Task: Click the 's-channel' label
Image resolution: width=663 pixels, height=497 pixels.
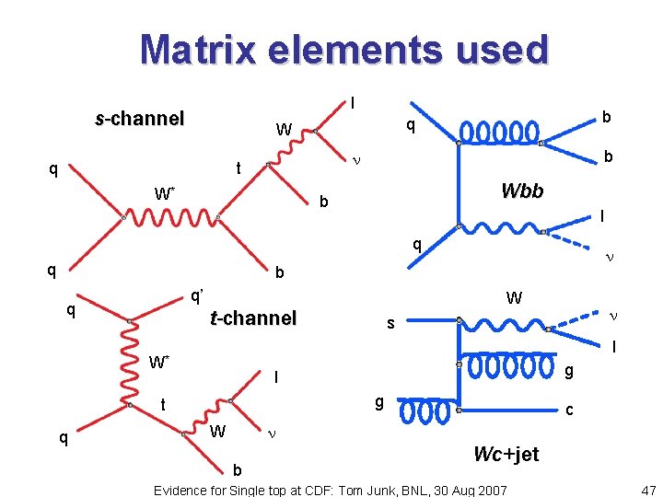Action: click(x=140, y=119)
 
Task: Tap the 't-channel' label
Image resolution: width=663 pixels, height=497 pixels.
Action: click(x=253, y=318)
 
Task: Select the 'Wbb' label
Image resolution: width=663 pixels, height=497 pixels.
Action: click(x=522, y=191)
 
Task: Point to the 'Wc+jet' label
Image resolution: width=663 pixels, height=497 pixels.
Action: click(x=506, y=454)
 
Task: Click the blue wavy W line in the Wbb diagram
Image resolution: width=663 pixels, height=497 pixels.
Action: click(x=501, y=226)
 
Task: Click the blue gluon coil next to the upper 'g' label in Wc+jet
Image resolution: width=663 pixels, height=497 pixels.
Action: click(x=512, y=366)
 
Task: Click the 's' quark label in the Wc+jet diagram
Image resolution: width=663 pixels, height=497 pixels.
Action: click(x=390, y=324)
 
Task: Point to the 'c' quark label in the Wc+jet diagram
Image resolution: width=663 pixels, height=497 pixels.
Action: click(x=570, y=410)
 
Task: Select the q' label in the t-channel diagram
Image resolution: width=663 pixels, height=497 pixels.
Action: click(x=196, y=296)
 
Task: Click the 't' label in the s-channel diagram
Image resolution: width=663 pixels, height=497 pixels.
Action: click(x=237, y=169)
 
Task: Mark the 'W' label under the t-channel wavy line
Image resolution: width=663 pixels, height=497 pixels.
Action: click(x=218, y=432)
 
